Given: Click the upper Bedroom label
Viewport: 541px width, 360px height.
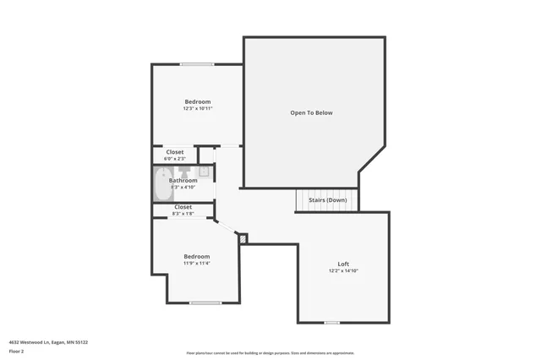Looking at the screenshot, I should click(197, 102).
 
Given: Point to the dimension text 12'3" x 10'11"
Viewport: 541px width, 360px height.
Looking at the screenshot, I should click(197, 109).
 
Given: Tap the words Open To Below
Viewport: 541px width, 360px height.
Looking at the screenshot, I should click(311, 112).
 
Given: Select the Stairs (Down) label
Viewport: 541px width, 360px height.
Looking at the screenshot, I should click(327, 200).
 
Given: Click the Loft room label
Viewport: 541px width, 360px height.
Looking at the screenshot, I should click(343, 264).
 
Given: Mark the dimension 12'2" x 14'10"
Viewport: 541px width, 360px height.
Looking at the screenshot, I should click(343, 270).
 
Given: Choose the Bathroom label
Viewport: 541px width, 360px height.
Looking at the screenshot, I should click(183, 180).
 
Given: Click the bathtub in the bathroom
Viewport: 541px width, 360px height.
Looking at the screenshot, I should click(163, 184).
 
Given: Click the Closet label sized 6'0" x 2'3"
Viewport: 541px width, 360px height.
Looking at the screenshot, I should click(175, 152).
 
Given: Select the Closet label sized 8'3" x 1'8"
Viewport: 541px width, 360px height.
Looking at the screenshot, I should click(183, 207).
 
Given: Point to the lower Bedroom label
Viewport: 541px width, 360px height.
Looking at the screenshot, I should click(196, 256).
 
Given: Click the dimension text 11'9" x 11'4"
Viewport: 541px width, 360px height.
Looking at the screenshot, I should click(196, 263).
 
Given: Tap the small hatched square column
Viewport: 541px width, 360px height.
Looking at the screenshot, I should click(243, 239).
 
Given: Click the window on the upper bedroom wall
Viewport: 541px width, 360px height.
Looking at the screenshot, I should click(197, 64).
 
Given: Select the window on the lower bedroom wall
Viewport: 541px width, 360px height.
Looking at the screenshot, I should click(205, 303).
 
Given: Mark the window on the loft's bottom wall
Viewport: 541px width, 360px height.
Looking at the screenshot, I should click(332, 322).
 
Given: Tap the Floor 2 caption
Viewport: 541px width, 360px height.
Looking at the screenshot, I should click(16, 351).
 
